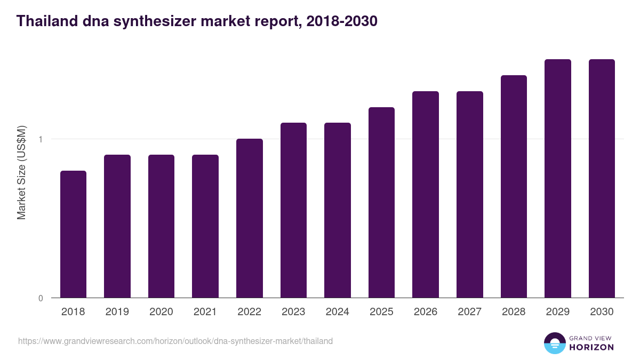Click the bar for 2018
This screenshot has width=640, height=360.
pos(73,234)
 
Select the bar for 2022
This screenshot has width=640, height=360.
pos(250,218)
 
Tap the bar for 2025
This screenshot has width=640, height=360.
pos(381,203)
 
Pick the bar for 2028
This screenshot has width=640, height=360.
pos(514,187)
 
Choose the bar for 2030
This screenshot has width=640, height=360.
pos(602,179)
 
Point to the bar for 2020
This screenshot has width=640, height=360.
pos(161,226)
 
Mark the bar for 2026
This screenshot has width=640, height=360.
pos(426,195)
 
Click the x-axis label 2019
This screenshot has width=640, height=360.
pos(117,312)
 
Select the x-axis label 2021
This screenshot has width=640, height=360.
pos(205,312)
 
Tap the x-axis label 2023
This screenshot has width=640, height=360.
pos(293,312)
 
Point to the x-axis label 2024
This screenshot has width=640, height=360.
pos(338,312)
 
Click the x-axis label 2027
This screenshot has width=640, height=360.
pos(469,312)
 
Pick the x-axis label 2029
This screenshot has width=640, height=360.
pos(557,312)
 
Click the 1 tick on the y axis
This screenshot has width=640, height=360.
pos(41,139)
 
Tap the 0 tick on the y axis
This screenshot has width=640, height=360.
pos(41,298)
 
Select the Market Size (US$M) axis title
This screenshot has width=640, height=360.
pos(21,172)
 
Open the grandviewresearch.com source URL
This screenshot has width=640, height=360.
pos(175,341)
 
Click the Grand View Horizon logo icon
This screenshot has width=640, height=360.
pos(554,343)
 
